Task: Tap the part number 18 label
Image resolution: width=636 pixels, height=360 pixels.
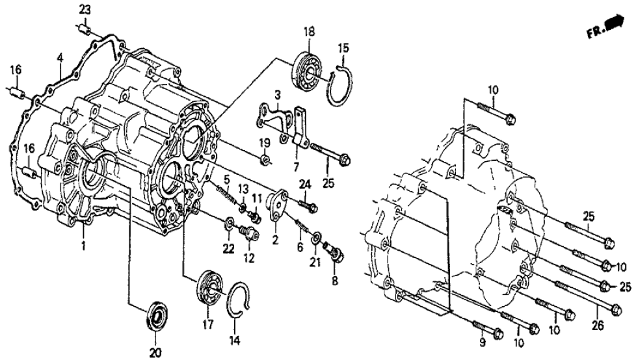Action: pos(308,32)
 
